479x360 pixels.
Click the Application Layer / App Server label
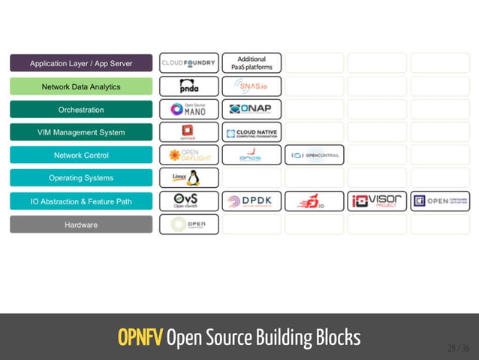(81, 63)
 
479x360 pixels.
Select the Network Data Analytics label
(81, 86)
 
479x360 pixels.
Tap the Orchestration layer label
(81, 110)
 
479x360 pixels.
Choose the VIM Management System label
(81, 132)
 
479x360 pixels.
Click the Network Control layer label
(81, 156)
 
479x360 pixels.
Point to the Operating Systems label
(81, 178)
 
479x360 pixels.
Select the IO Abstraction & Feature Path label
(81, 201)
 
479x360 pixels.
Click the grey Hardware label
(81, 225)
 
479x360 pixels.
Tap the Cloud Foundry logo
(188, 63)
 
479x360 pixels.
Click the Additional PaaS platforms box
(252, 63)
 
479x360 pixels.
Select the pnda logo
(188, 86)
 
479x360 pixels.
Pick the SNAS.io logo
(252, 86)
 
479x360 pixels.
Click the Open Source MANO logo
(188, 110)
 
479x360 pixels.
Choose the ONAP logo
(252, 110)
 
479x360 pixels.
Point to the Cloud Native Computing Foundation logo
(252, 133)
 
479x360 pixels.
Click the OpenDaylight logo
(188, 156)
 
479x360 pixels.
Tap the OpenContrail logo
(315, 156)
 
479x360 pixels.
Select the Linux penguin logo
(188, 178)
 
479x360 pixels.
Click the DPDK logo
(252, 201)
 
